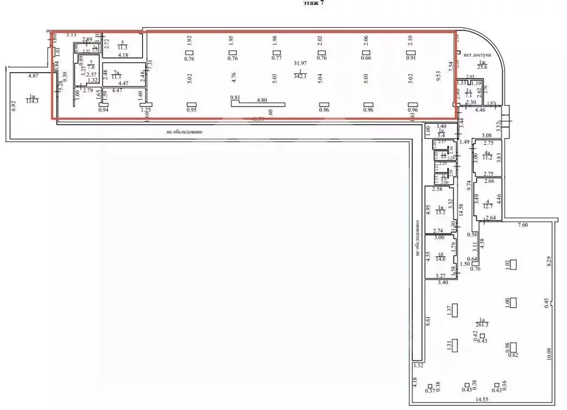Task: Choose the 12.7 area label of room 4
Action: pos(487,206)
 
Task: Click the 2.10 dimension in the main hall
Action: pos(410,40)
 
